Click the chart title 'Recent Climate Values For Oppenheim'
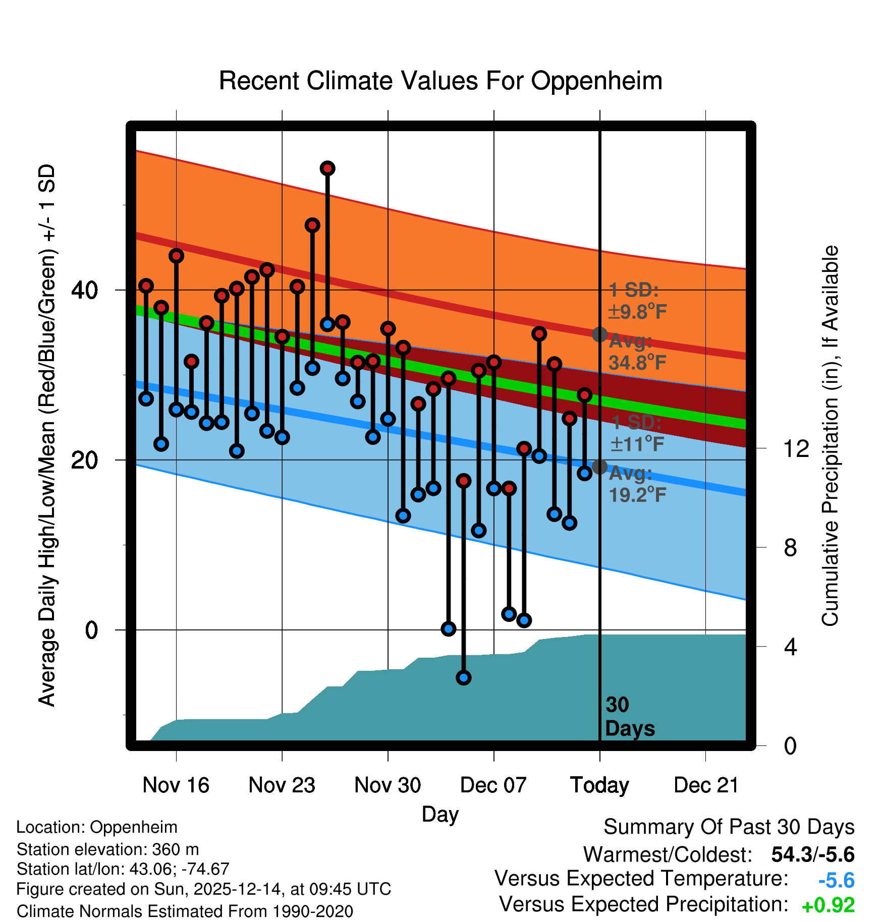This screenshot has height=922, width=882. [x=440, y=81]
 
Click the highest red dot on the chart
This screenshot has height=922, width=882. [x=327, y=168]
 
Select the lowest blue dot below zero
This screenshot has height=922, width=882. [x=463, y=677]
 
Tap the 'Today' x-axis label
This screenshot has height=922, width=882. [x=599, y=785]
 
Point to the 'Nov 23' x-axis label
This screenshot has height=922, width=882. [x=282, y=785]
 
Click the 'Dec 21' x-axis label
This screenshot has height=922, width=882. [x=706, y=785]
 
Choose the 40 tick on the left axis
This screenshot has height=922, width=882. [x=85, y=290]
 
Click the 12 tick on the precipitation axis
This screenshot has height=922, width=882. [x=796, y=448]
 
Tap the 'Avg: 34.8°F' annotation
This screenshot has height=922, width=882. [x=637, y=352]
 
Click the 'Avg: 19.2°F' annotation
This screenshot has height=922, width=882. [x=637, y=484]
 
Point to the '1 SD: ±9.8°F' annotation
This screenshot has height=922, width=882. [x=637, y=301]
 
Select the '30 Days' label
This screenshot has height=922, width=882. [x=629, y=717]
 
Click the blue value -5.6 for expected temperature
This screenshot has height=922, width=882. [x=836, y=880]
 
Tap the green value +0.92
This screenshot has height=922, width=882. [x=828, y=905]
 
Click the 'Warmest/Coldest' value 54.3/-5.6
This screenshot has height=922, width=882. [x=812, y=854]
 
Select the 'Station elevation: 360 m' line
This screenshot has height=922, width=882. [x=107, y=849]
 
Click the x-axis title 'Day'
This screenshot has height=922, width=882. [x=440, y=814]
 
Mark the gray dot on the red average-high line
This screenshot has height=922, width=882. [x=599, y=334]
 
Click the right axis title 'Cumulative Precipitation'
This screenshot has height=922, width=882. [x=830, y=436]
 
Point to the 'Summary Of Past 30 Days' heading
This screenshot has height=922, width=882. [x=729, y=827]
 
